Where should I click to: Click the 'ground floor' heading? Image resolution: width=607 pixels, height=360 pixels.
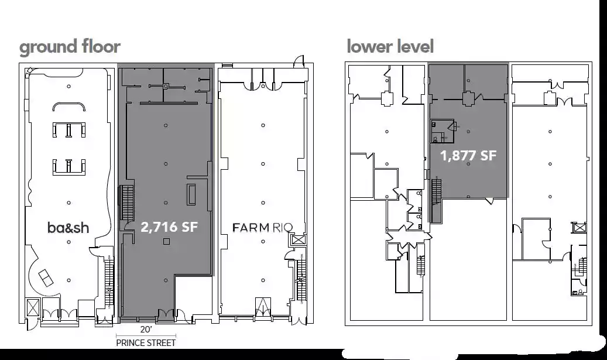click(x=70, y=47)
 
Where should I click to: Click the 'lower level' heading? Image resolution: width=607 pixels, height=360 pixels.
click(x=390, y=46)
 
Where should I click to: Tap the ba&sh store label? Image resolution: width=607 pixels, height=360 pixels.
click(x=68, y=228)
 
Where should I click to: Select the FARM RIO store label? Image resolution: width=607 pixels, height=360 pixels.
click(x=262, y=227)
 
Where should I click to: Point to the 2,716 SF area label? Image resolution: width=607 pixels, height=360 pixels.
click(x=169, y=227)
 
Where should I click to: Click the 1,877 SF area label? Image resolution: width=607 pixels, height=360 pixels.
click(x=468, y=156)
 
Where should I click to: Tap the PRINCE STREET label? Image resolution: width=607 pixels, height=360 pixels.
click(x=146, y=343)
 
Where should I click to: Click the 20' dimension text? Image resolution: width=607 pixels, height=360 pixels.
click(x=146, y=330)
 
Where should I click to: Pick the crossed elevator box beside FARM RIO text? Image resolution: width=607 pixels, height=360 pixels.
click(x=299, y=239)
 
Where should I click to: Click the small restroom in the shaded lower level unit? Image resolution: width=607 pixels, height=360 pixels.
click(x=442, y=131)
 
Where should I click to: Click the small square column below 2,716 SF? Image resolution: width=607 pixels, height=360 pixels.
click(x=166, y=242)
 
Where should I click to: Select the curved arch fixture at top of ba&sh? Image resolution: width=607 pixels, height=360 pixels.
click(x=69, y=106)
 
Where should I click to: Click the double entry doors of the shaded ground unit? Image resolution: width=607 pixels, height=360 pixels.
click(x=166, y=316)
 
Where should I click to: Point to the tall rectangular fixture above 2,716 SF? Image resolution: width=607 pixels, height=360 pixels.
click(x=191, y=194)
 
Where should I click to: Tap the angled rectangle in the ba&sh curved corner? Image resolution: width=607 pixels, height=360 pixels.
click(x=46, y=277)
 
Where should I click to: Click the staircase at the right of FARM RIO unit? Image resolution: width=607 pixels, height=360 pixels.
click(x=301, y=279)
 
